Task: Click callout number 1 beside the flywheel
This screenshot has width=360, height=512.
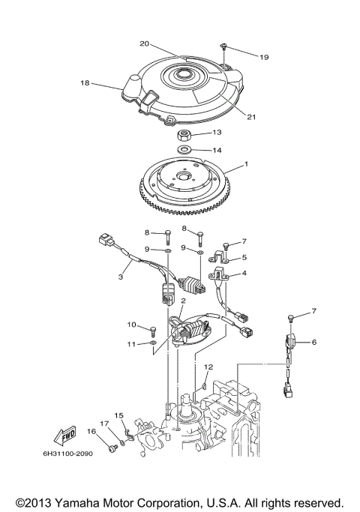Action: tap(244, 164)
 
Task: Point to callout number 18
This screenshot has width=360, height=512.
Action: tap(84, 82)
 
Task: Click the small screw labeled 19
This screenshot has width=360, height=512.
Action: tap(223, 47)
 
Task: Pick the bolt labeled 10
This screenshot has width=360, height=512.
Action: tap(152, 329)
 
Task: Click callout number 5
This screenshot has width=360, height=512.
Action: tap(244, 257)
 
